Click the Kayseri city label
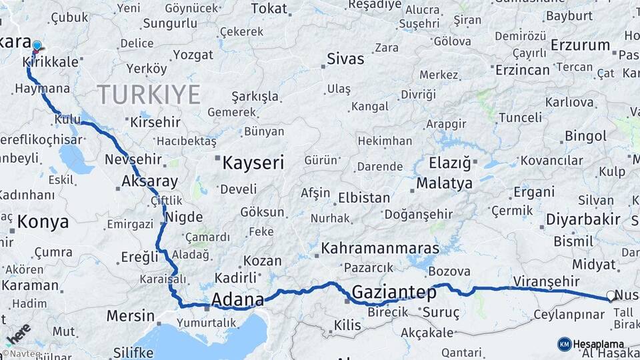[253, 163]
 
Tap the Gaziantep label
[394, 292]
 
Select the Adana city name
[237, 300]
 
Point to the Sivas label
[345, 59]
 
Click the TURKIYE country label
[149, 95]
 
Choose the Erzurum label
[581, 46]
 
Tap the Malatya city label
[444, 183]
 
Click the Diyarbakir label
[583, 219]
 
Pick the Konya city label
[43, 222]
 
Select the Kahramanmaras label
[380, 248]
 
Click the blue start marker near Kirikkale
[37, 46]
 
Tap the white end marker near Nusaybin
[611, 295]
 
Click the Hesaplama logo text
[599, 344]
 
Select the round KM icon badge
[565, 344]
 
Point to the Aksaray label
[149, 181]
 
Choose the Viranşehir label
[547, 281]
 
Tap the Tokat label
[269, 9]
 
